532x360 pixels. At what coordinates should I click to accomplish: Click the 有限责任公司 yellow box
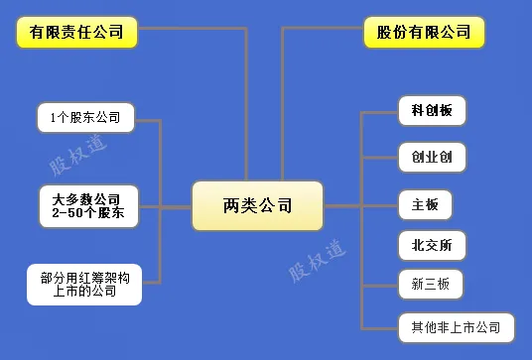coord(77,32)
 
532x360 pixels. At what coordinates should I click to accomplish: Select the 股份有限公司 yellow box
coord(424,32)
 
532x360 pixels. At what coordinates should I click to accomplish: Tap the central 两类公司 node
coord(257,206)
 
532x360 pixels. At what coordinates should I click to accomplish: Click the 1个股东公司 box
coord(84,118)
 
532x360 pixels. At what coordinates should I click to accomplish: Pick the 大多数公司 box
coord(86,199)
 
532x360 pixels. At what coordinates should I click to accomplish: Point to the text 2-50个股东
coord(87,212)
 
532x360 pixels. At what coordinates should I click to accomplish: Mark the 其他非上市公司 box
coord(456,326)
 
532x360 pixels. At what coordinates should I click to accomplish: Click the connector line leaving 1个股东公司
coord(147,120)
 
